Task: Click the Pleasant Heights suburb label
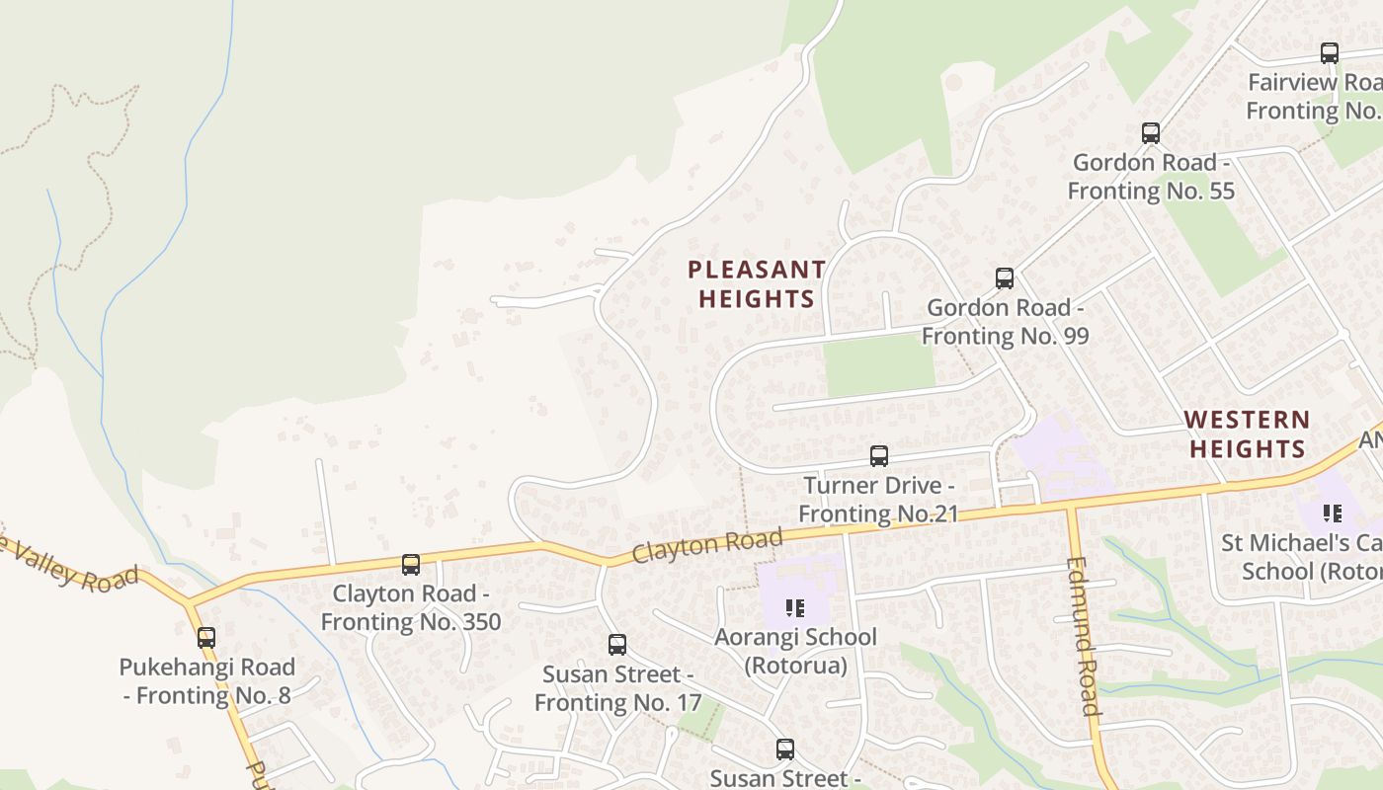[757, 284]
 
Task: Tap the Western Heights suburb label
[1248, 434]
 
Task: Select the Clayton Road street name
[707, 545]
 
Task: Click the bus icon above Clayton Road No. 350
[411, 565]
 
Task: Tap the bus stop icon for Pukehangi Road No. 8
[206, 638]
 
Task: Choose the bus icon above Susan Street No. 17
[617, 645]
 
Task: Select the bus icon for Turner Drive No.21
[878, 456]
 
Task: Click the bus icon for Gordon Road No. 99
[1005, 278]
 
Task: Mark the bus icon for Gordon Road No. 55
[1151, 133]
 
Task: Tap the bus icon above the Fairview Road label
[1330, 53]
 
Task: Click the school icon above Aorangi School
[794, 608]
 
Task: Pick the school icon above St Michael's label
[1333, 513]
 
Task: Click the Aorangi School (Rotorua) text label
[795, 651]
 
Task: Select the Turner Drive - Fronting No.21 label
[878, 500]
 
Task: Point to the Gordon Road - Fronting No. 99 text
[1006, 322]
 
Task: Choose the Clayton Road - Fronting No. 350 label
[411, 607]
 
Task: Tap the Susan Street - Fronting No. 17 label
[617, 688]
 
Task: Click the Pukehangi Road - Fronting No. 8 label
[206, 681]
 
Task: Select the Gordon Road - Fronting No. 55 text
[1152, 176]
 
